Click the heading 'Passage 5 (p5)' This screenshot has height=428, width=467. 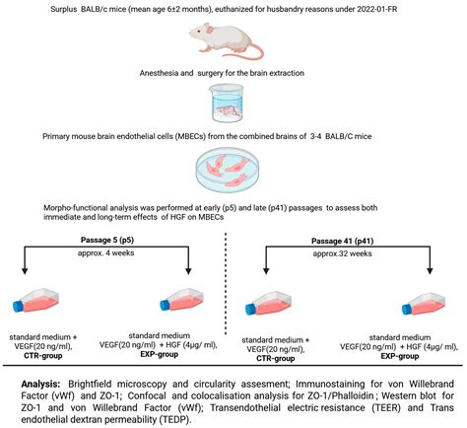(x=112, y=240)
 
